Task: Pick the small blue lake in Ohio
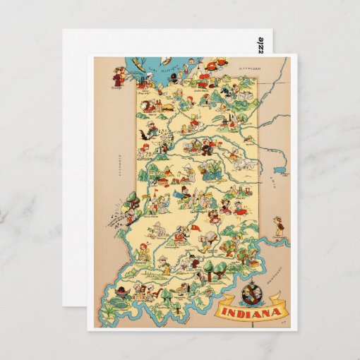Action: pyautogui.click(x=280, y=170)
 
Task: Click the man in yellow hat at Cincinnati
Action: pyautogui.click(x=280, y=224)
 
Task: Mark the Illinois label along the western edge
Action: pyautogui.click(x=121, y=163)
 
